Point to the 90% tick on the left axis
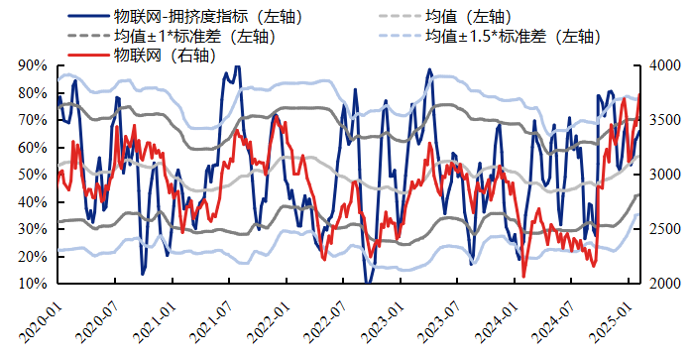point(33,65)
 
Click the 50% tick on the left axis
point(33,175)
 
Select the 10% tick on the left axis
point(33,284)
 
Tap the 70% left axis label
point(33,120)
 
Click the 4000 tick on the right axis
point(663,65)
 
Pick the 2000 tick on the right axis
point(663,284)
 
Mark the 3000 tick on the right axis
point(663,175)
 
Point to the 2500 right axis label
point(663,229)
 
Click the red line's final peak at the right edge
point(638,94)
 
